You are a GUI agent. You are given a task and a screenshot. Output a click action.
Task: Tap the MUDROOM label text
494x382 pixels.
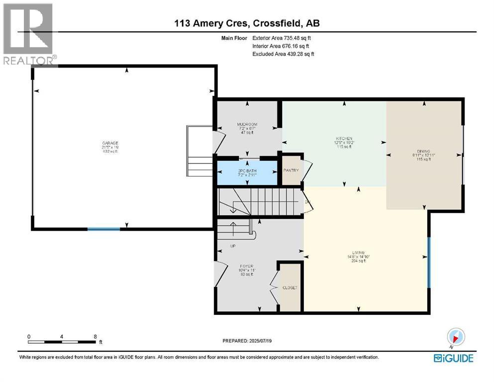pyautogui.click(x=246, y=124)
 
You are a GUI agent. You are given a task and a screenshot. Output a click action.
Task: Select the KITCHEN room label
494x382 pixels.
pyautogui.click(x=344, y=138)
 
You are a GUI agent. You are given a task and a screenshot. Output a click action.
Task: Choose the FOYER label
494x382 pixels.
pyautogui.click(x=246, y=266)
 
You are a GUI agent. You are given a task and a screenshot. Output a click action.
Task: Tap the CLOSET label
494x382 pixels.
pyautogui.click(x=290, y=287)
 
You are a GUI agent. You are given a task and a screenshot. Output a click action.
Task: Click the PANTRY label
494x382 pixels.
pyautogui.click(x=291, y=171)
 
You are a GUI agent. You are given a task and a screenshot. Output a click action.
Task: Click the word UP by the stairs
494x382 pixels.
pyautogui.click(x=232, y=246)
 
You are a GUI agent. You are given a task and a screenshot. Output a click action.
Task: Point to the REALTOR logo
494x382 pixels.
pyautogui.click(x=28, y=34)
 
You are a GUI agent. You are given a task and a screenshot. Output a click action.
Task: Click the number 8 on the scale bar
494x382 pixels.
pyautogui.click(x=95, y=336)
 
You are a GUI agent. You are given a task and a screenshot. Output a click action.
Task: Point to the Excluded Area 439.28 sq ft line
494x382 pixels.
pyautogui.click(x=283, y=54)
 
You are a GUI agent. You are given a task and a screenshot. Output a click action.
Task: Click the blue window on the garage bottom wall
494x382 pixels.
pyautogui.click(x=104, y=229)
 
